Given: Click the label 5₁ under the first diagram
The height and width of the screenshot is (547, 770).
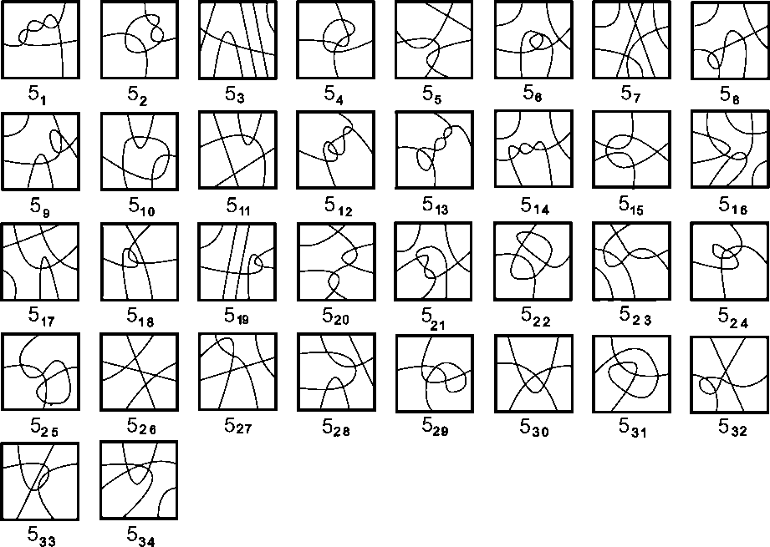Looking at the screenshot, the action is tap(37, 94).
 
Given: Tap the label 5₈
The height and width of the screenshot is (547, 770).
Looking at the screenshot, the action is tap(729, 94).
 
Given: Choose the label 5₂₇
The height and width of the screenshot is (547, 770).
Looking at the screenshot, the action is tap(238, 426).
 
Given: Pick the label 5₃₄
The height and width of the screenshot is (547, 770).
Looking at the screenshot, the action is tap(140, 536).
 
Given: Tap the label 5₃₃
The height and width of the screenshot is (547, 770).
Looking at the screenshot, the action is tap(42, 536).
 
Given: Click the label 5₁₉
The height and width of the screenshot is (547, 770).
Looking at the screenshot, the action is tap(238, 316).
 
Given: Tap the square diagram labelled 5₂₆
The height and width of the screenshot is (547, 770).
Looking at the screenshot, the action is tap(140, 372).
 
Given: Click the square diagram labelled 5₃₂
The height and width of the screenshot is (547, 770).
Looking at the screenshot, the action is tap(730, 372).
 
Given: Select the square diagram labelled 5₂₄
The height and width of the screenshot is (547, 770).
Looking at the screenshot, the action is tap(730, 261).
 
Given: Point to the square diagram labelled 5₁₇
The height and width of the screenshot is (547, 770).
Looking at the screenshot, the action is tap(41, 261).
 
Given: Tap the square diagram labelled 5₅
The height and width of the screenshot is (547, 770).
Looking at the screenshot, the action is tap(435, 39).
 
